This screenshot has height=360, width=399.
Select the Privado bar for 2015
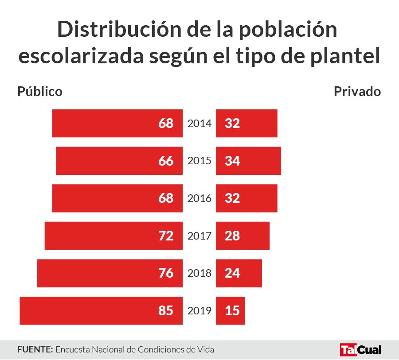coord(248,161)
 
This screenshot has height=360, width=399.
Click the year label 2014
coord(199,124)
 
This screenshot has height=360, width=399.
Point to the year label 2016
coord(199,198)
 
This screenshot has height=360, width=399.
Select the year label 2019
coord(199,311)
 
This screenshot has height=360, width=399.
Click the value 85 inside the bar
coord(166,311)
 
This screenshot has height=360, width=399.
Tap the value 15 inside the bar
coord(232,311)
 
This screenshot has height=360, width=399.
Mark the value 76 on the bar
coord(166,273)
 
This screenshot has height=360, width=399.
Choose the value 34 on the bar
coord(232,161)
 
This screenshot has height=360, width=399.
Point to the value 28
coord(232,236)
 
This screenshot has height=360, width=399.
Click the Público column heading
coord(40,92)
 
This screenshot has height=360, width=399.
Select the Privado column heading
coord(357,92)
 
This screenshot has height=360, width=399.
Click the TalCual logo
coord(360,349)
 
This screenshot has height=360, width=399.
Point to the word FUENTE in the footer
coord(35,349)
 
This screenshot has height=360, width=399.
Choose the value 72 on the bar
coord(166,236)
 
